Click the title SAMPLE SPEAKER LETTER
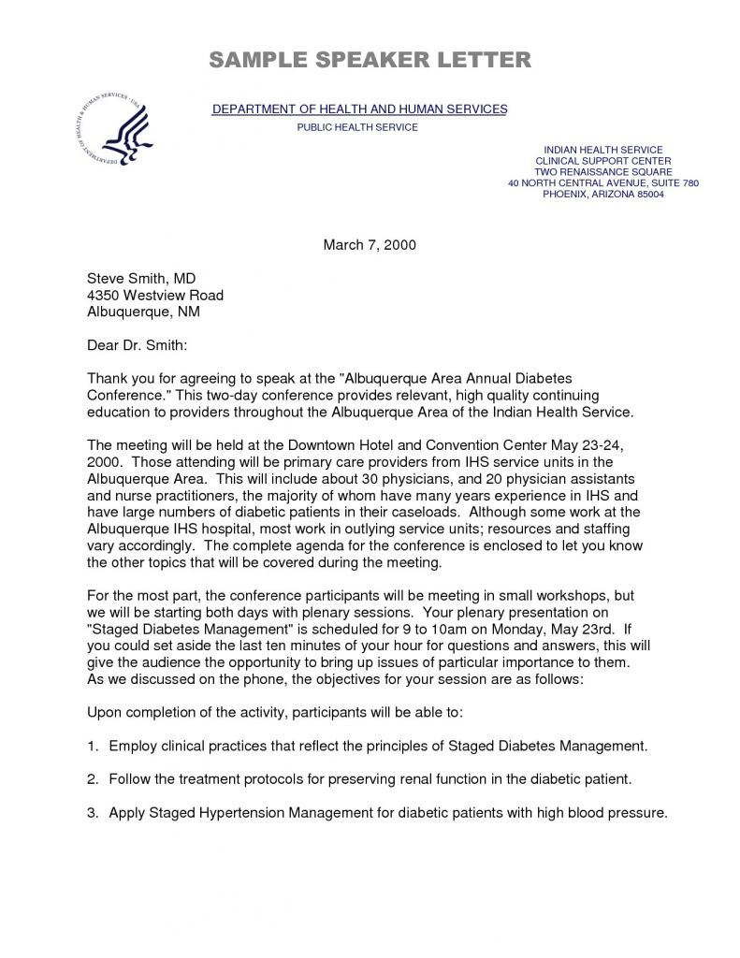pyautogui.click(x=370, y=61)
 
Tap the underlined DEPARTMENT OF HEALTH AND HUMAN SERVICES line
pyautogui.click(x=359, y=109)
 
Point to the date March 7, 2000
pyautogui.click(x=369, y=245)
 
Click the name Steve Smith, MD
pyautogui.click(x=141, y=279)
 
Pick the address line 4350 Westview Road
pyautogui.click(x=155, y=295)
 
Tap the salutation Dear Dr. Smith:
pyautogui.click(x=138, y=345)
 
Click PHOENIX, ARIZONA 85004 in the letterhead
pyautogui.click(x=603, y=195)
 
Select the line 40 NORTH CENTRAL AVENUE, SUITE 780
pyautogui.click(x=603, y=183)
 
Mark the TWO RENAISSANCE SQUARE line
pyautogui.click(x=603, y=172)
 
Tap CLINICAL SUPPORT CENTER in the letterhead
pyautogui.click(x=603, y=161)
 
